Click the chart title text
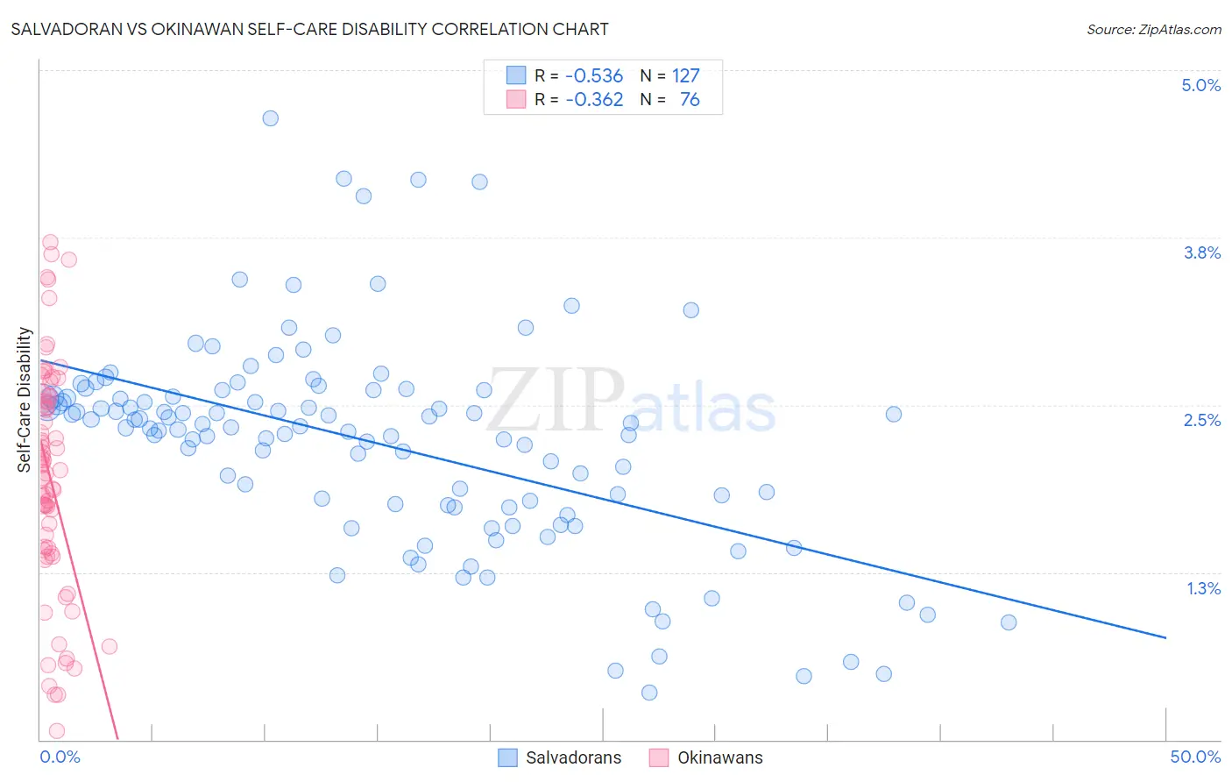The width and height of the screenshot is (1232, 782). (309, 29)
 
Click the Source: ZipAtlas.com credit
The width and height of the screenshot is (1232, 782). (1153, 29)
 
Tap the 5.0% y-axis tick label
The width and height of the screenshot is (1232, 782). (1200, 85)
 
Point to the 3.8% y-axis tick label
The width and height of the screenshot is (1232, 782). (1201, 252)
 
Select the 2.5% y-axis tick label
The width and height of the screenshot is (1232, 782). (1201, 420)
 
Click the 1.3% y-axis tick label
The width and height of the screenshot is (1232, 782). (1203, 588)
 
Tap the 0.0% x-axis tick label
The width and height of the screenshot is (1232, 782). (60, 757)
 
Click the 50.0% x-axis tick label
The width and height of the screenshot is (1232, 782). (1195, 757)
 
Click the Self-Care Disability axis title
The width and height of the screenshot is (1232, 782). (25, 400)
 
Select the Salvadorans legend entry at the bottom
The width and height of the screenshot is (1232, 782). (573, 757)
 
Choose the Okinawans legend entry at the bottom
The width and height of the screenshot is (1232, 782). (719, 757)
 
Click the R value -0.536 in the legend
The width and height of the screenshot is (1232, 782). (594, 76)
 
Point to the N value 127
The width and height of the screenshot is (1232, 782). (685, 76)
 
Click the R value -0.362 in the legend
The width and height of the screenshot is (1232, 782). (594, 100)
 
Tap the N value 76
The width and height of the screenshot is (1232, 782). (690, 100)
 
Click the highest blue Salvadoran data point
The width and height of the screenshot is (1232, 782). (271, 118)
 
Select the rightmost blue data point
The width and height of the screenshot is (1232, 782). (1009, 622)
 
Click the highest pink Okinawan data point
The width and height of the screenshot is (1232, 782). (50, 242)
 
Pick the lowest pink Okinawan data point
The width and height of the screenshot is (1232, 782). (57, 731)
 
